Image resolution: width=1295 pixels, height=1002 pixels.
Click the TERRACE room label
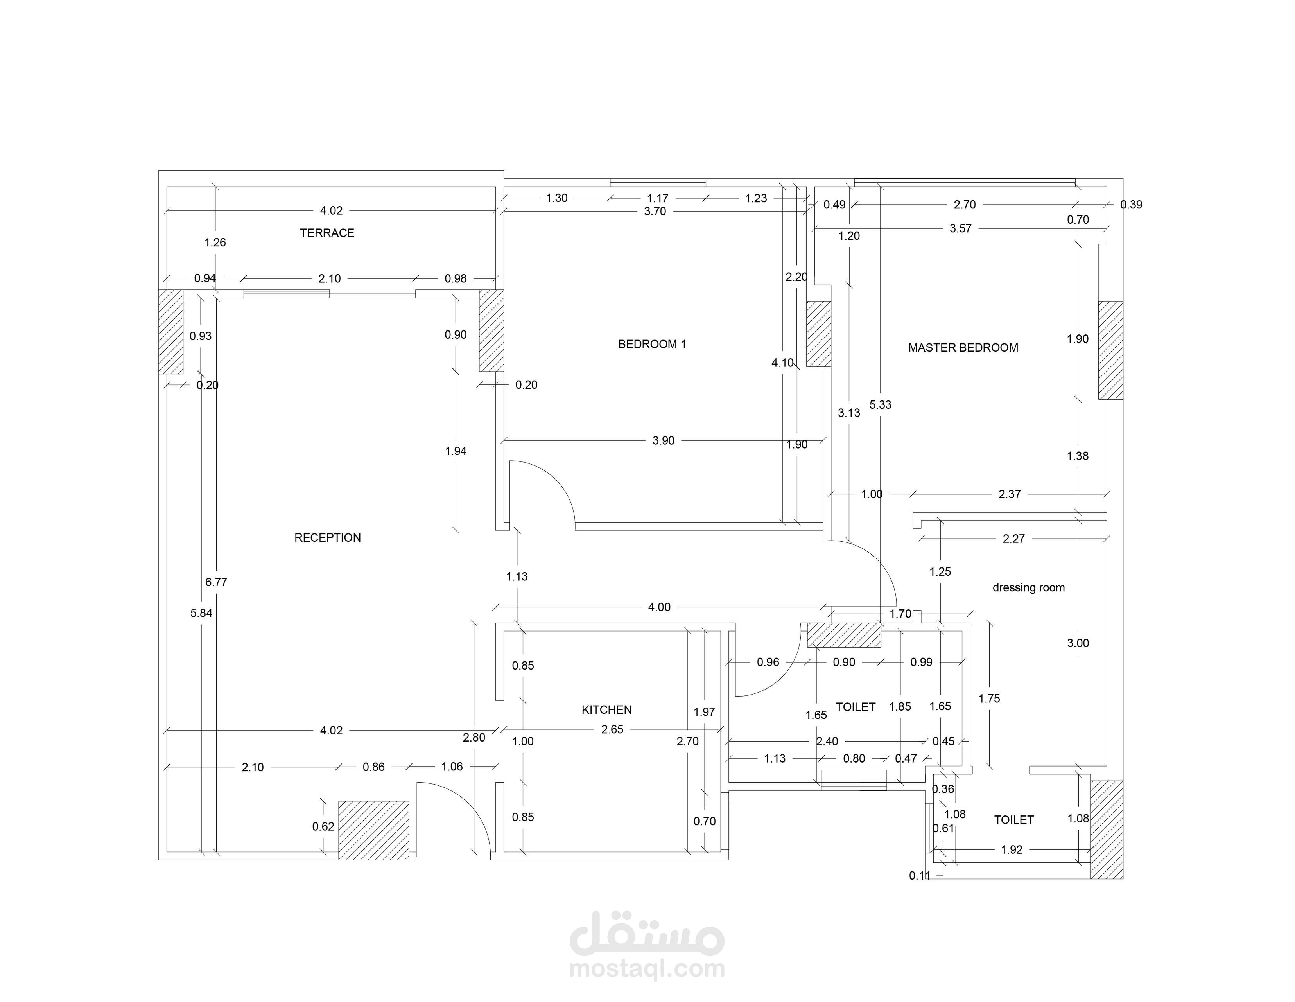click(x=327, y=233)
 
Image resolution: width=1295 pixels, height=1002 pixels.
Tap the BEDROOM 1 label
click(x=652, y=344)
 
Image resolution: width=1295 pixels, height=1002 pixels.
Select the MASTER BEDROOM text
click(x=963, y=348)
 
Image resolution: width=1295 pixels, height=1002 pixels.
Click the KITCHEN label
click(x=606, y=709)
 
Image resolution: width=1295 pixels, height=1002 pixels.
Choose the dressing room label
click(x=1029, y=587)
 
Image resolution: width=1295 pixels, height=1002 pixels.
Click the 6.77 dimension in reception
click(x=217, y=582)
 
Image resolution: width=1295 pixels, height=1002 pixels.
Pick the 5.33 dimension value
click(x=881, y=405)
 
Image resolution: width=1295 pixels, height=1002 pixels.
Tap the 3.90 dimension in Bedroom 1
click(x=664, y=440)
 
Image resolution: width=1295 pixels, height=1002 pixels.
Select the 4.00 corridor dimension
click(x=659, y=607)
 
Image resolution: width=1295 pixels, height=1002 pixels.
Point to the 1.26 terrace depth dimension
click(x=215, y=242)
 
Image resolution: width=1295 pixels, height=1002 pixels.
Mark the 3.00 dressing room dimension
click(x=1078, y=643)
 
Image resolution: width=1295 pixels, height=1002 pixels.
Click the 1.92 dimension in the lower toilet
click(x=1012, y=849)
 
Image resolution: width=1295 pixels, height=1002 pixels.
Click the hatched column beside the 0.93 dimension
click(x=171, y=331)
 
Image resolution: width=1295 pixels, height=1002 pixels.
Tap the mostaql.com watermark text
click(x=647, y=968)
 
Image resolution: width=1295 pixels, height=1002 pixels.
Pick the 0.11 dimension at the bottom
click(x=920, y=876)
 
